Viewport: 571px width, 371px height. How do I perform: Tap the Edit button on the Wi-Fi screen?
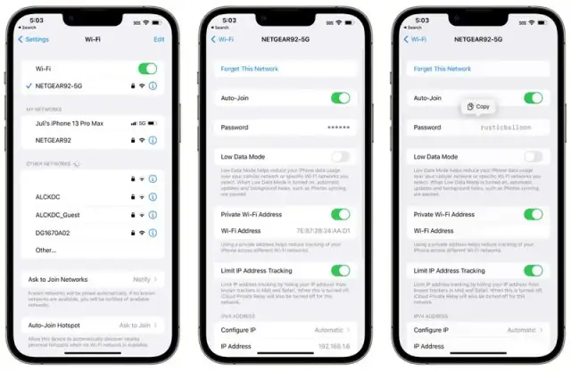pyautogui.click(x=159, y=39)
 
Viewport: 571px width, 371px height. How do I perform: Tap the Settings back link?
pyautogui.click(x=34, y=39)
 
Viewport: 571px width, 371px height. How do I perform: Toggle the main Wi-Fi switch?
pyautogui.click(x=147, y=69)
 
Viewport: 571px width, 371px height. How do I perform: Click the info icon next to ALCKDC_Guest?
pyautogui.click(x=153, y=215)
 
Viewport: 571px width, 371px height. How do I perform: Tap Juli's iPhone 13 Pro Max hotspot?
pyautogui.click(x=70, y=123)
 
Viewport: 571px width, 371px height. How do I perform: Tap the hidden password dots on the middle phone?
pyautogui.click(x=339, y=128)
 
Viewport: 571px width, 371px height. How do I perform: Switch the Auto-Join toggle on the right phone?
pyautogui.click(x=533, y=98)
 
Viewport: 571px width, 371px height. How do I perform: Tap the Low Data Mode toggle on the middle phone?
pyautogui.click(x=340, y=156)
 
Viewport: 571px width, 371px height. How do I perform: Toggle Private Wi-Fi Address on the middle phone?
pyautogui.click(x=340, y=214)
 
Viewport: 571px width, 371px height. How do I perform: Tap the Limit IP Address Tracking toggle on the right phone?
pyautogui.click(x=533, y=270)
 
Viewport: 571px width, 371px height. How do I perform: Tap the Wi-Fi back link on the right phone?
pyautogui.click(x=416, y=39)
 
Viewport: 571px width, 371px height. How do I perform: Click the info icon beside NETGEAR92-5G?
pyautogui.click(x=153, y=86)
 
